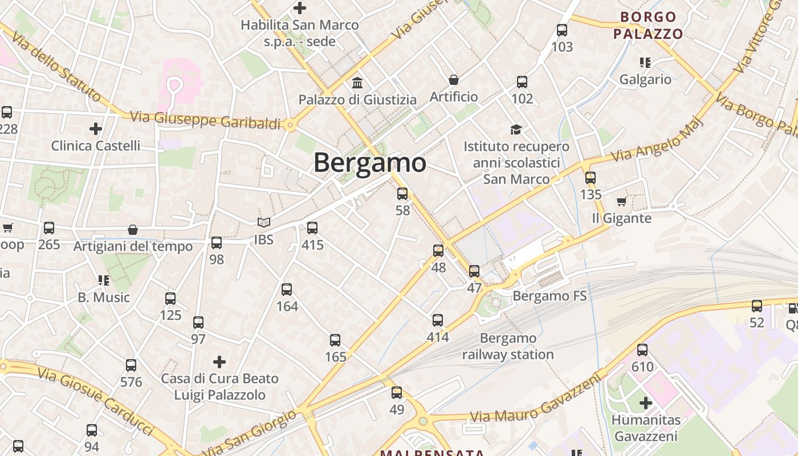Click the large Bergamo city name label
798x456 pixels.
coord(370,163)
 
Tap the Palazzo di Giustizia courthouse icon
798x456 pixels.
coord(357,83)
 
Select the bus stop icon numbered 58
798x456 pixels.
coord(402,194)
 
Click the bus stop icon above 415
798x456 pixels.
coord(312,228)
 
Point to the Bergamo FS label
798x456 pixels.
coord(549,296)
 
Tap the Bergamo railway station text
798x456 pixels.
coord(508,347)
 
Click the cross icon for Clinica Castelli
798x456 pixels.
coord(96,129)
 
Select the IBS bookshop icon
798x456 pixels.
coord(263,223)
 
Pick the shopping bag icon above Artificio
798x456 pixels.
coord(454,80)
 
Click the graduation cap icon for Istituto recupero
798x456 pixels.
coord(516,130)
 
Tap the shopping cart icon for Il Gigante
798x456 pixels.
coord(621,201)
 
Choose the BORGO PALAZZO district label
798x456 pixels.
coord(648,26)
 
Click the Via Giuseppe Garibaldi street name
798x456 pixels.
coord(205,120)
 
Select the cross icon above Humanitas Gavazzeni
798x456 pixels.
coord(645,404)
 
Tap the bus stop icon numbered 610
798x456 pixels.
coord(642,350)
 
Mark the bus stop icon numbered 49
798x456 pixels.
coord(397,393)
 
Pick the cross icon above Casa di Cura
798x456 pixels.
coord(219,362)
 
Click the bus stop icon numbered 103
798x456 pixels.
coord(562,30)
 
